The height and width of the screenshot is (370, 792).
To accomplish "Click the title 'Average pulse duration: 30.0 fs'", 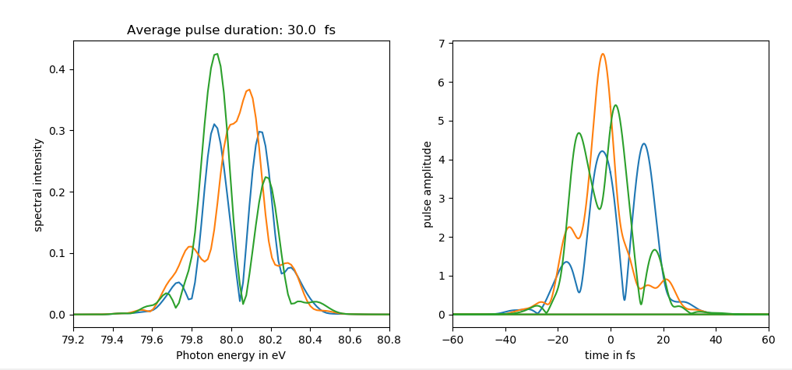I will coord(231,30).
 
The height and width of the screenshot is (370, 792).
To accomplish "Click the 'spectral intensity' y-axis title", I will coord(38,185).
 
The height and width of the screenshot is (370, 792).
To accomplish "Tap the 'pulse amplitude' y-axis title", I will coord(428,184).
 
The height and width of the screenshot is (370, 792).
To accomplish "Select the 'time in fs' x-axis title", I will coord(611,355).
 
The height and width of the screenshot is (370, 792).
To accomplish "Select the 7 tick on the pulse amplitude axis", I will coord(441,44).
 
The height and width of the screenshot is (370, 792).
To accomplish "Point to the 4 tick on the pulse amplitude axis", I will coord(441,160).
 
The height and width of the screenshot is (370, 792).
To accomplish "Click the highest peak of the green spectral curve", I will coord(216,54).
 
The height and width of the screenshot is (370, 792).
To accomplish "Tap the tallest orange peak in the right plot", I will coord(603,54).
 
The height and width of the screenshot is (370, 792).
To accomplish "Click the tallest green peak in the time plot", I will coord(616,105).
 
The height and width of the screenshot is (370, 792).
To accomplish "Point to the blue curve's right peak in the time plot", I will coord(644,143).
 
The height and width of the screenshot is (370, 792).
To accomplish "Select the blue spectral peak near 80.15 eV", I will coord(260,132).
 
